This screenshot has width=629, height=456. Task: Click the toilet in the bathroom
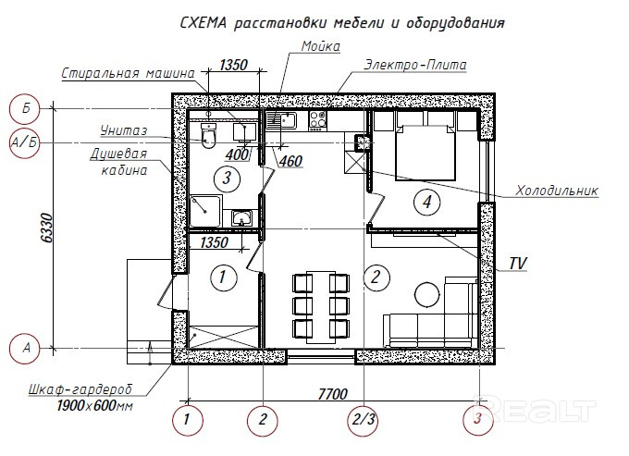point(208,136)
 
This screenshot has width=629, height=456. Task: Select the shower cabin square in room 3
point(205,211)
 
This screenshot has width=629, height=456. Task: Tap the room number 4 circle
point(426,202)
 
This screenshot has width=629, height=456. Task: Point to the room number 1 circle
point(223,277)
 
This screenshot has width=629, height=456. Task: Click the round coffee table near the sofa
point(427,294)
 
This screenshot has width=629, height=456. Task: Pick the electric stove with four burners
point(317,121)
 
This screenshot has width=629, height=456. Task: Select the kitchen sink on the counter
point(281,120)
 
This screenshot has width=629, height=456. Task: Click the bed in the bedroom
point(425,152)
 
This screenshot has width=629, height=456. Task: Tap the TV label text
point(517,264)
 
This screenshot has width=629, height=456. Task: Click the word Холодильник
point(557,191)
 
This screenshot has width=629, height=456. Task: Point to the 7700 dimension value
point(333,394)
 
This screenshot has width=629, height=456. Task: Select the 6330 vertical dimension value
point(47,228)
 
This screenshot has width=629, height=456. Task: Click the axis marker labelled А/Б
point(24,142)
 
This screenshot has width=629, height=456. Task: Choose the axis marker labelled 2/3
point(363,420)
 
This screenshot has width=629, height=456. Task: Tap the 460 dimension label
point(290,161)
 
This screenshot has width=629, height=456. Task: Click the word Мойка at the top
point(321,46)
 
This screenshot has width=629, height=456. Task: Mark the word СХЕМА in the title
point(203,23)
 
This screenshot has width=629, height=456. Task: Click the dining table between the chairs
point(321,307)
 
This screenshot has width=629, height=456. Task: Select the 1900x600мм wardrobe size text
point(94,405)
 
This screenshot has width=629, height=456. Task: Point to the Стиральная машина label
point(128,73)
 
